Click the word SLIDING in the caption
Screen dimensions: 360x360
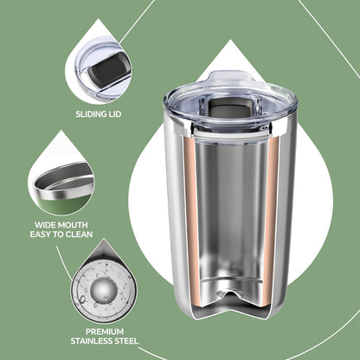[x=91, y=114]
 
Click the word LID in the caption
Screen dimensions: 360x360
[x=114, y=114]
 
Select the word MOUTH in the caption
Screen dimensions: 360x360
[x=72, y=225]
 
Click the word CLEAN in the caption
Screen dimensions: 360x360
[x=79, y=235]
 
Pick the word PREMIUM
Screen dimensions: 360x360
[x=105, y=331]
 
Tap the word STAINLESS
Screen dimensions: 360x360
[x=92, y=341]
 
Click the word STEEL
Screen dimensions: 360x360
[x=127, y=341]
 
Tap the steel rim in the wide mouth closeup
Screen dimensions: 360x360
[x=64, y=184]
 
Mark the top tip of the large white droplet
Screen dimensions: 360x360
[x=230, y=40]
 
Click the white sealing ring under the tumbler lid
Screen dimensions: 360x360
[x=231, y=135]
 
